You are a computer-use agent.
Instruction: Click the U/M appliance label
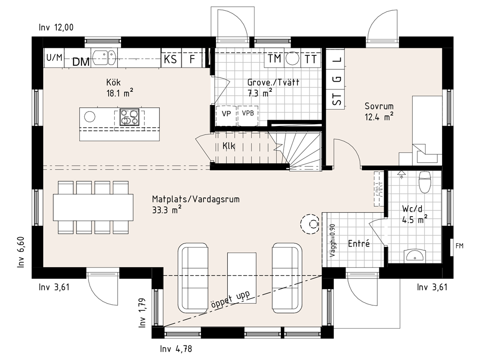coord(54,57)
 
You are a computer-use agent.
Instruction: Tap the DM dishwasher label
coord(81,62)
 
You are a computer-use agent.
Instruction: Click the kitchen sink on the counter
coord(105,58)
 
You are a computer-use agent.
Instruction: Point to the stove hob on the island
coord(129,117)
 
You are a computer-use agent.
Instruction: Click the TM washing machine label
coord(274,58)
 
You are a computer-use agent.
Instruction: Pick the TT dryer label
coord(310,59)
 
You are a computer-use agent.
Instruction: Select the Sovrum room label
coord(379,106)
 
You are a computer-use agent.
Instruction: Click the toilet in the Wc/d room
coord(425,181)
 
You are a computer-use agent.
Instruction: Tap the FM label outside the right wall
coord(459,246)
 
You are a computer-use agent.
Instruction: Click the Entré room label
coord(359,244)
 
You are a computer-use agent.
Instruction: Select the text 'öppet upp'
coord(230,300)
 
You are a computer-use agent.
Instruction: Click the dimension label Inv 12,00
coord(56,28)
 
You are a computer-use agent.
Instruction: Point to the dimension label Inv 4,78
coord(176,349)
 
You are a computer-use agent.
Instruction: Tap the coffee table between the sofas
coord(242,278)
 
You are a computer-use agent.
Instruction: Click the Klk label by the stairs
coord(229,146)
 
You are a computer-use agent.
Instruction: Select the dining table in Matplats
coord(93,208)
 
